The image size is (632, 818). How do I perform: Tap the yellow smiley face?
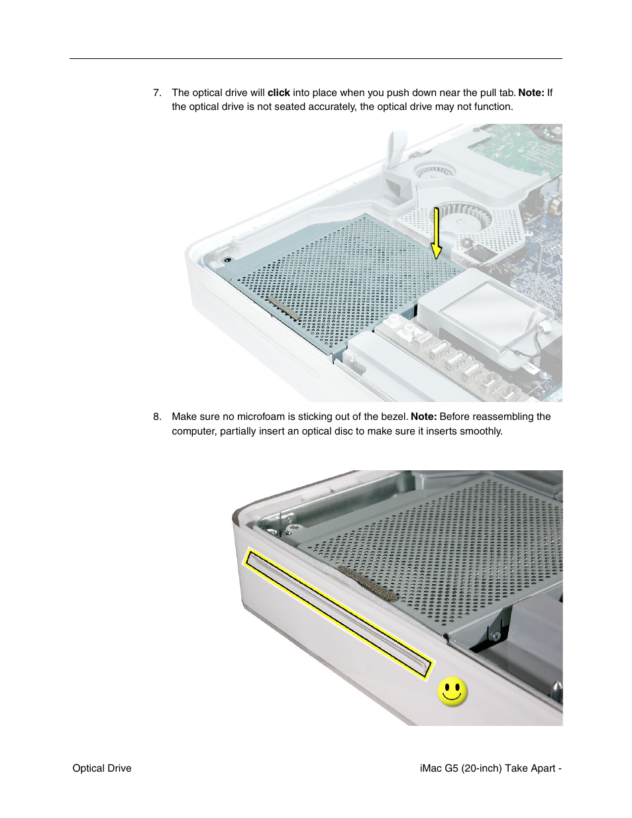(x=452, y=692)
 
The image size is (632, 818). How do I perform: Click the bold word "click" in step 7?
(x=278, y=93)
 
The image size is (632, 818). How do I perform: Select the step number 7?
(x=157, y=93)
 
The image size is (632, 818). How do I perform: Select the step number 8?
(x=157, y=417)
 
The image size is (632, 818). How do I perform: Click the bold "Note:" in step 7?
(x=531, y=93)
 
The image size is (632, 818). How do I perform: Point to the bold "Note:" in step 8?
(x=423, y=417)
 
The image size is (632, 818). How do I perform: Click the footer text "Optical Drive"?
(x=102, y=768)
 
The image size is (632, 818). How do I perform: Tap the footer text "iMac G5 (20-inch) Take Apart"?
(x=488, y=768)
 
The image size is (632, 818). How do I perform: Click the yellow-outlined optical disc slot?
(x=338, y=613)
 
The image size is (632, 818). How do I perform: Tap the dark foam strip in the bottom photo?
(x=368, y=583)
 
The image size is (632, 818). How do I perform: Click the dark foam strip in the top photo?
(x=284, y=309)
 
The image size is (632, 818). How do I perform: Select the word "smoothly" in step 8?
(x=481, y=431)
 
